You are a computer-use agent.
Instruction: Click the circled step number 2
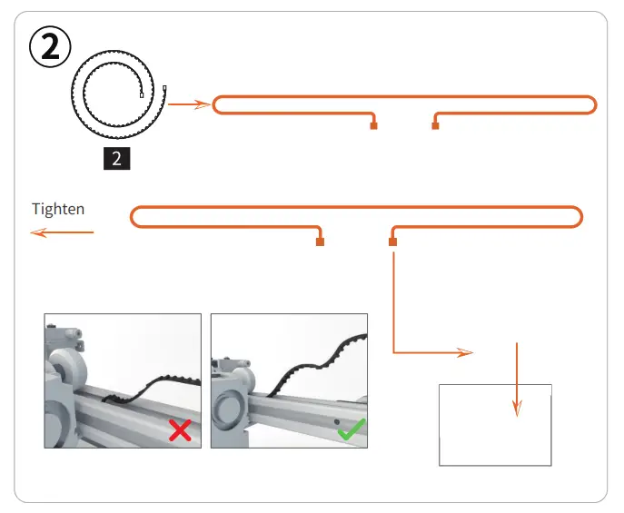pos(51,45)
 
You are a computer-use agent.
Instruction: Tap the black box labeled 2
pos(116,159)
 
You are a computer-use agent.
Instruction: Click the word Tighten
pos(58,209)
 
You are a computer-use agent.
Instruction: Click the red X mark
pos(180,430)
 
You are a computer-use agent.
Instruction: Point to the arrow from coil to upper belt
pos(190,105)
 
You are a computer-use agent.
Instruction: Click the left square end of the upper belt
pos(373,126)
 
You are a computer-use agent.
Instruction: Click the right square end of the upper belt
pos(435,126)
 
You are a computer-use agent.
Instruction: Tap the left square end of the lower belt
pos(320,242)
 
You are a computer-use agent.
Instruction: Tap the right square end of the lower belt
pos(392,242)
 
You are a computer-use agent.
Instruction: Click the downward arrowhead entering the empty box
pos(517,409)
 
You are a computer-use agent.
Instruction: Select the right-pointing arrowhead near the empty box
pos(465,352)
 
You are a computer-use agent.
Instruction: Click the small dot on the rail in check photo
pos(335,422)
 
